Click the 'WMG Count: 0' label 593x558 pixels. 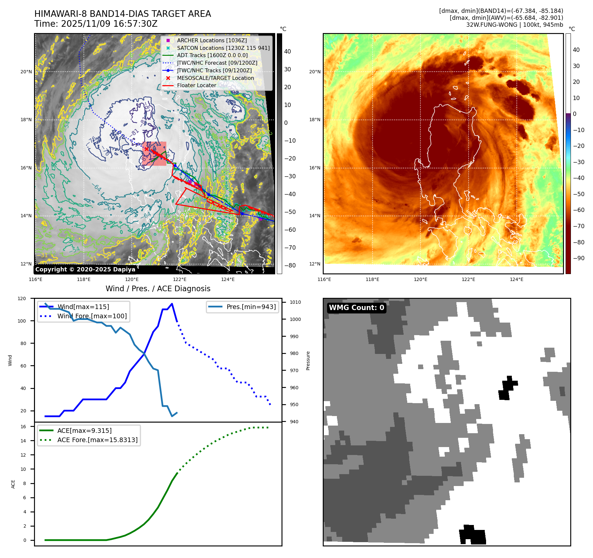[x=356, y=308]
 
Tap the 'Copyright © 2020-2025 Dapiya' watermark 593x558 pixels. [x=85, y=269]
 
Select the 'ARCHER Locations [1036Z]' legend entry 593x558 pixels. [x=212, y=40]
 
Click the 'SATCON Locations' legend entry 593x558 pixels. [x=223, y=48]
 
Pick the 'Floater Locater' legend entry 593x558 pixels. [x=196, y=85]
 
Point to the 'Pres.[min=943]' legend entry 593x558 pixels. [x=251, y=307]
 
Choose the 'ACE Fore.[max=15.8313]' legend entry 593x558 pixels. [x=97, y=440]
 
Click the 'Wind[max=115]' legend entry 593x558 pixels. [x=83, y=307]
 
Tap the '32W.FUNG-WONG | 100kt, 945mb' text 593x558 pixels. [x=514, y=25]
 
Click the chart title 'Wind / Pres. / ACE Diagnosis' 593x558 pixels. [x=158, y=289]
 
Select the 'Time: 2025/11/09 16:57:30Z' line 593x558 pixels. [x=96, y=24]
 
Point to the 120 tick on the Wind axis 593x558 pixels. [x=22, y=298]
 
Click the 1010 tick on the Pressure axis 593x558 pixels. [x=295, y=302]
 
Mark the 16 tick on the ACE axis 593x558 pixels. [x=23, y=427]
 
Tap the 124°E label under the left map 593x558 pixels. [x=228, y=279]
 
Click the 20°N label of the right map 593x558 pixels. [x=314, y=72]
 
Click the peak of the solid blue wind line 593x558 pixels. [x=172, y=304]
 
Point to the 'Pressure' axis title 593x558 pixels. [x=308, y=361]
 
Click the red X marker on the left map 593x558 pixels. [x=146, y=149]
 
